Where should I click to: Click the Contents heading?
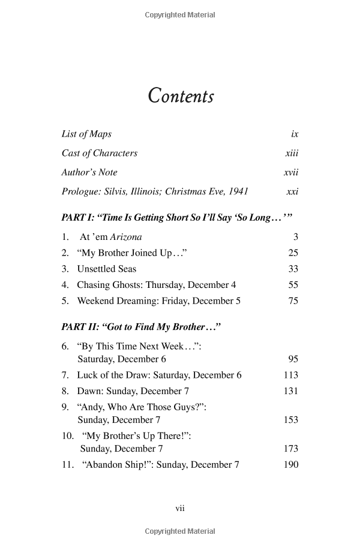[181, 97]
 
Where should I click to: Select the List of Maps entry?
[86, 134]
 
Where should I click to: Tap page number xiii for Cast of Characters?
[292, 154]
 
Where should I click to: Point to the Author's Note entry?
[89, 173]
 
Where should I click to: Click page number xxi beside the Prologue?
[292, 192]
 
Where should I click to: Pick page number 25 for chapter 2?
[293, 253]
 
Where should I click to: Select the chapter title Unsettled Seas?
[107, 269]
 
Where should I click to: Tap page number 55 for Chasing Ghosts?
[293, 285]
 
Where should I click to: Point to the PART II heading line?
[142, 327]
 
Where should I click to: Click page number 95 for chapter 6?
[293, 359]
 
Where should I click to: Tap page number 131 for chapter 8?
[291, 391]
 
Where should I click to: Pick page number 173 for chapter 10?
[291, 449]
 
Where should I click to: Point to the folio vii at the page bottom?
[180, 508]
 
